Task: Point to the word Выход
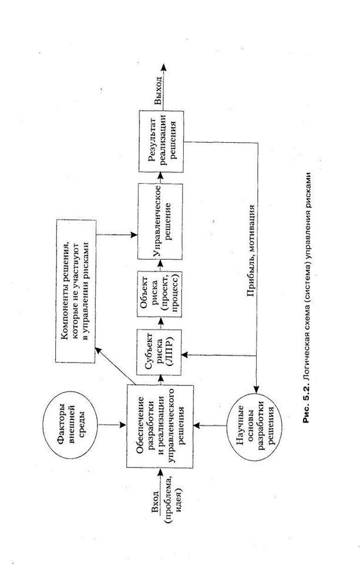point(159,92)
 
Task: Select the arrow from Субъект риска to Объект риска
point(160,323)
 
